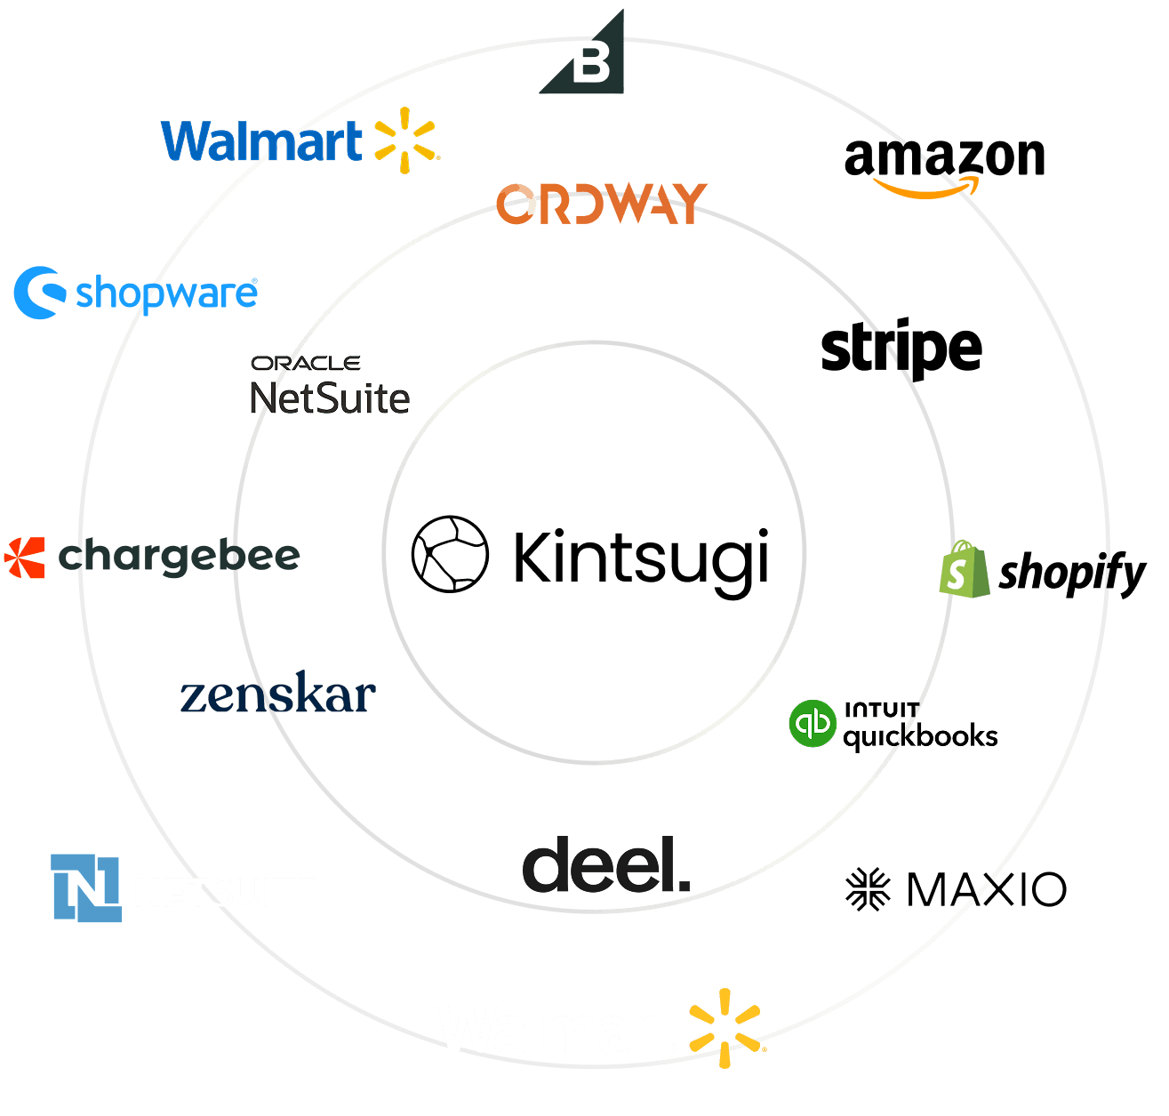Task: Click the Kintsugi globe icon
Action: pyautogui.click(x=450, y=553)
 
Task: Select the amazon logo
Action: pyautogui.click(x=944, y=165)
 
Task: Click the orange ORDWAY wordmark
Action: pyautogui.click(x=601, y=204)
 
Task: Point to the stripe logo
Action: pyautogui.click(x=901, y=349)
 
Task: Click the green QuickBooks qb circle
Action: pyautogui.click(x=813, y=723)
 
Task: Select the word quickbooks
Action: pyautogui.click(x=920, y=737)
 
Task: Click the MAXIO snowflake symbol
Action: pyautogui.click(x=868, y=889)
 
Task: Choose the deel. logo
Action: pyautogui.click(x=606, y=865)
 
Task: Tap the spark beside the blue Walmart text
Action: pyautogui.click(x=405, y=140)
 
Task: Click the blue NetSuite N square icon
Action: pyautogui.click(x=85, y=887)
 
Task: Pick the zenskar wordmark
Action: pyautogui.click(x=277, y=695)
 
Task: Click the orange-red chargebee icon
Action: pyautogui.click(x=24, y=558)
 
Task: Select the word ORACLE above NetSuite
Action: pyautogui.click(x=305, y=363)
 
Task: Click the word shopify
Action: pyautogui.click(x=1072, y=574)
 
